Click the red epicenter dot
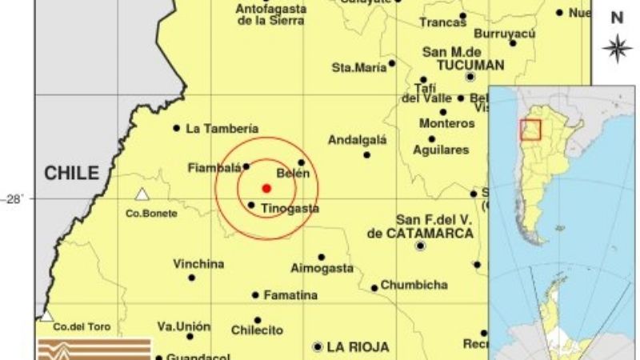[266, 188]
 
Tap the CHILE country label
[71, 173]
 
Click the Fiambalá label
[214, 168]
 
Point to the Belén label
[292, 174]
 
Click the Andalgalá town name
[357, 140]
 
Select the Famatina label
[291, 295]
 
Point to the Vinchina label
[198, 264]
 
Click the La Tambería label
[222, 128]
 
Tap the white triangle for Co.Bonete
[142, 194]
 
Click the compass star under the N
[617, 48]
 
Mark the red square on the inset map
[530, 129]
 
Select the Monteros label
[446, 124]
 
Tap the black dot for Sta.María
[392, 63]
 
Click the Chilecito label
[257, 330]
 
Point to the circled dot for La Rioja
[318, 347]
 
